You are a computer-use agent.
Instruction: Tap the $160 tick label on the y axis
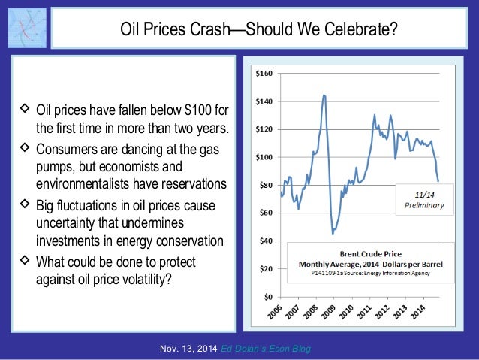click(x=265, y=74)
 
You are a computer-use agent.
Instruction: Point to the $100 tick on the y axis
click(x=265, y=157)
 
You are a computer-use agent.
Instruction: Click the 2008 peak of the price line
click(x=324, y=95)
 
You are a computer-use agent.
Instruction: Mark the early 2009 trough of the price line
click(x=333, y=234)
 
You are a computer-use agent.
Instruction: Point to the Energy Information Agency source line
click(x=368, y=274)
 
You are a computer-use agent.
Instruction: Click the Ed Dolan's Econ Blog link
click(x=268, y=349)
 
